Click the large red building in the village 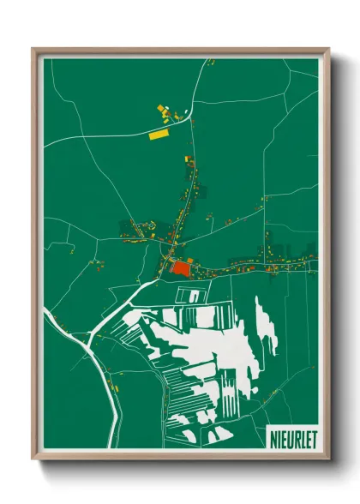point(180,267)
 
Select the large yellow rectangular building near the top point(159,134)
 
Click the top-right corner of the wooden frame point(327,50)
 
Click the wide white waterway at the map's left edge point(46,316)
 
